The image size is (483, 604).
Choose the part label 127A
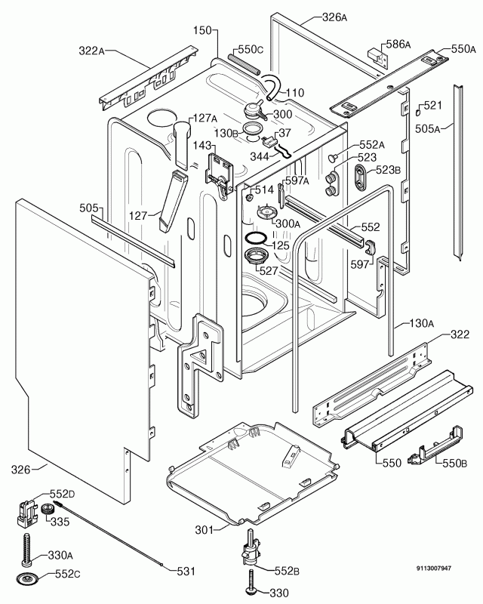coord(203,118)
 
